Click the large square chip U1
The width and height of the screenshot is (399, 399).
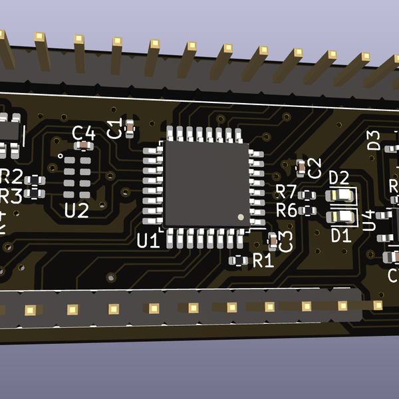coord(207,184)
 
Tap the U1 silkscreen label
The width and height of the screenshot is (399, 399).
coord(148,241)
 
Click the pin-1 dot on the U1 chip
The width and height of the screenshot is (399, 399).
coord(241,217)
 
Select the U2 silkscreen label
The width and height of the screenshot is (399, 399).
coord(76,211)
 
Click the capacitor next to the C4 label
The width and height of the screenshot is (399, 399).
coord(84,145)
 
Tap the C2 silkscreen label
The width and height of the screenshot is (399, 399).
coord(315,168)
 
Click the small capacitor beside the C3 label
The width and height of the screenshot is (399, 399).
coord(273,238)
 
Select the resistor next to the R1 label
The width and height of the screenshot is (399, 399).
coord(237,261)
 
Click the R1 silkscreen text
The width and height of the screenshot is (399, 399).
coord(263,261)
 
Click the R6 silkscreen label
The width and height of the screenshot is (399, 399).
coord(287,211)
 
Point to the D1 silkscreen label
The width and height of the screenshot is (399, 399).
coord(340,235)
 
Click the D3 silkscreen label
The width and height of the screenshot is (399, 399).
coord(374,140)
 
